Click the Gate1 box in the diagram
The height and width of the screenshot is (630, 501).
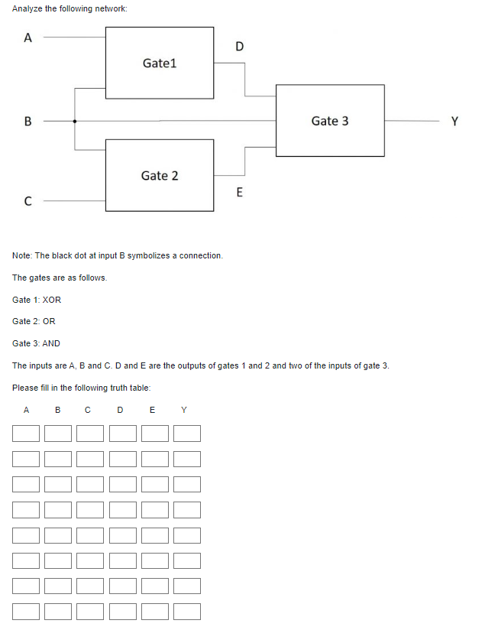160,63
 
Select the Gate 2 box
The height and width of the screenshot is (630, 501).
160,175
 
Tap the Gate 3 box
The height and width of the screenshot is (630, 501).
330,121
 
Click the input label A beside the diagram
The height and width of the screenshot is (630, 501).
28,38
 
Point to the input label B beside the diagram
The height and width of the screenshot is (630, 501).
28,121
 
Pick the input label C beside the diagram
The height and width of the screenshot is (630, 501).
28,202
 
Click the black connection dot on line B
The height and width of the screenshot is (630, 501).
74,121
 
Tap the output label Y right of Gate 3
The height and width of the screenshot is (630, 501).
455,121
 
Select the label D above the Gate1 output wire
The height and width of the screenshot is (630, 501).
239,47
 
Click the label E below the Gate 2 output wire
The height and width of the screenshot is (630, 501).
239,193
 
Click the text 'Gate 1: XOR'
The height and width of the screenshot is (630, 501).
37,300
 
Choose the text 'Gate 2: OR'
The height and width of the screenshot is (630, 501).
34,321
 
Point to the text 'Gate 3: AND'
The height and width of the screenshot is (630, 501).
36,343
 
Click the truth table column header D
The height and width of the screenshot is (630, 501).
120,411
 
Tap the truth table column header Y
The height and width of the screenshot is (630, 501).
184,411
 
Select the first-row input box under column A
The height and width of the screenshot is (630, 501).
26,434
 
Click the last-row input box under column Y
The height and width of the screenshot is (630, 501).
186,612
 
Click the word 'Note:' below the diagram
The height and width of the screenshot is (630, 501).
23,255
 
